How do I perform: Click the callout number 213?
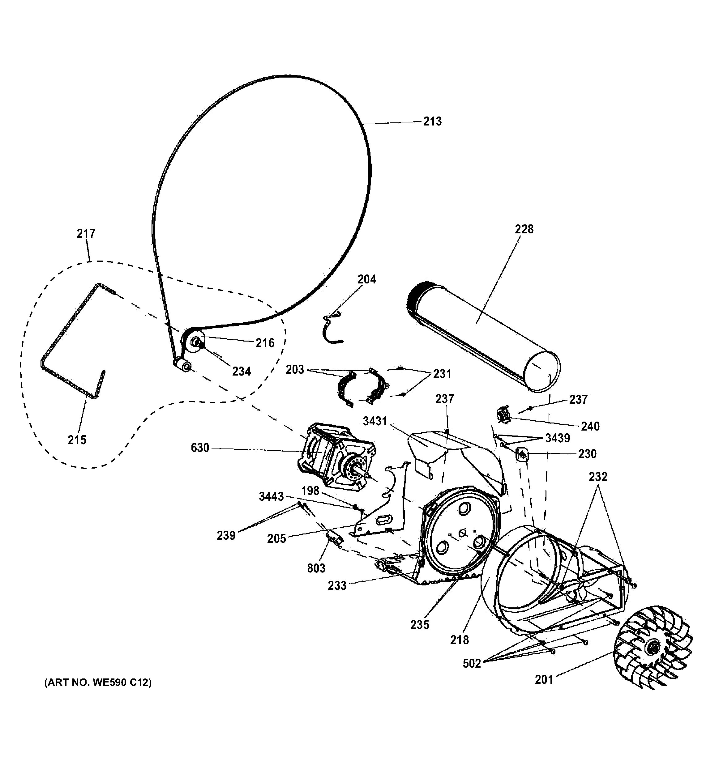(x=432, y=121)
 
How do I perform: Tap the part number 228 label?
(x=524, y=229)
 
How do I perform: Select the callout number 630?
(x=200, y=448)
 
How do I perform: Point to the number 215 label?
(x=77, y=440)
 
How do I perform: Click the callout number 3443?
(x=271, y=497)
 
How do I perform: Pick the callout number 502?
(x=472, y=663)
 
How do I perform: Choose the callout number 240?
(x=590, y=426)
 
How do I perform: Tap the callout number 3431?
(x=374, y=421)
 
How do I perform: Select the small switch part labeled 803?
(x=334, y=538)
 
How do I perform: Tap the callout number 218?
(x=459, y=640)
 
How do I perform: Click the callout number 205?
(x=277, y=538)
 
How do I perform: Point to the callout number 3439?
(x=557, y=438)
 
